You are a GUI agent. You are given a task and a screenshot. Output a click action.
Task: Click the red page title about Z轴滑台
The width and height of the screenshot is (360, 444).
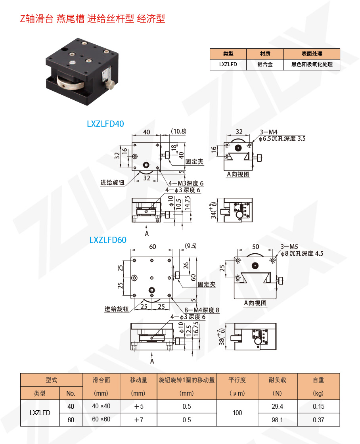(92, 19)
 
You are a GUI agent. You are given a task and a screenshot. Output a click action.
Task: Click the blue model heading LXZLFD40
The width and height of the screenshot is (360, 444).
(105, 124)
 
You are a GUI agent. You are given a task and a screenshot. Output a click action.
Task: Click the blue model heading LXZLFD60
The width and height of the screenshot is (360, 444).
(108, 240)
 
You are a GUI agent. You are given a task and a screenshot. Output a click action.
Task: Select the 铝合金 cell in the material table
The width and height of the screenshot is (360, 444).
(265, 64)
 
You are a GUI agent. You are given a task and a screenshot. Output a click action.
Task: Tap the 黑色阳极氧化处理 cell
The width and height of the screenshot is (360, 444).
(312, 64)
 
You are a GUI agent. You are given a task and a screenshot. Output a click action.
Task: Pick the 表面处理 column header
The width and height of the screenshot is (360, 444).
(312, 54)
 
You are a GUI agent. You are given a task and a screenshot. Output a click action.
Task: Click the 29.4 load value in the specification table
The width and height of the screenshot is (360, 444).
(277, 406)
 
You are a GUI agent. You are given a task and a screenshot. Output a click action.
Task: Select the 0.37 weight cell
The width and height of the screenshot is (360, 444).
(318, 420)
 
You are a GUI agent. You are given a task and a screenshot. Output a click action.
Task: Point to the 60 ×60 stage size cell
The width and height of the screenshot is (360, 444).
(101, 419)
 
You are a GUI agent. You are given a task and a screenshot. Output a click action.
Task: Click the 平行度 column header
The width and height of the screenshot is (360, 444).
(237, 380)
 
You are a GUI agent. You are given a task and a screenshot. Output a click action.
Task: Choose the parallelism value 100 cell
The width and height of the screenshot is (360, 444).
(237, 413)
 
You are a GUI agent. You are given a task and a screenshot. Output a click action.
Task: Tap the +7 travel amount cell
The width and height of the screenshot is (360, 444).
(138, 419)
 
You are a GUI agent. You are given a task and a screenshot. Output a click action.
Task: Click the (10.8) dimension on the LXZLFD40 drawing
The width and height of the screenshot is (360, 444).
(178, 131)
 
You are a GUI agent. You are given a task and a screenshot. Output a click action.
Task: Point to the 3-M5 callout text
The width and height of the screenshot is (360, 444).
(289, 247)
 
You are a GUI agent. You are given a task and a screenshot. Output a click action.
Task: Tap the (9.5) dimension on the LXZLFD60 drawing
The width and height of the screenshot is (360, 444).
(191, 246)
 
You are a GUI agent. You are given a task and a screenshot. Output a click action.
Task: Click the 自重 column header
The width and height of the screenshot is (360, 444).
(318, 380)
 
